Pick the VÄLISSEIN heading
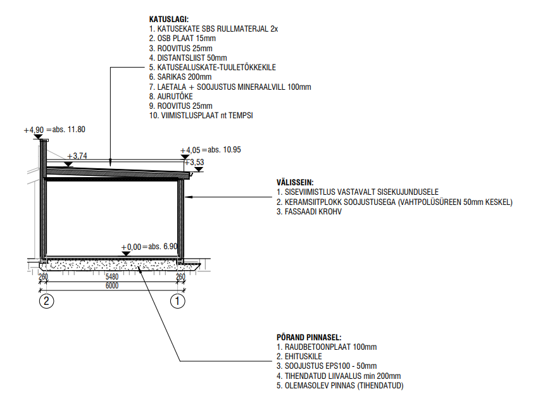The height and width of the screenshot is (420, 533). (x=295, y=182)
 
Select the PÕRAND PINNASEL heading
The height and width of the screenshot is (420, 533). (x=309, y=338)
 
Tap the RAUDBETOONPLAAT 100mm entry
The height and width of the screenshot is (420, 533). (x=327, y=347)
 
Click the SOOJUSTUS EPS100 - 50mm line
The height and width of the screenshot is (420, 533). (x=326, y=366)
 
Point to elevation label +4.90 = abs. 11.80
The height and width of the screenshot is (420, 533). (x=54, y=130)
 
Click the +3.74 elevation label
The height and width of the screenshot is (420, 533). (x=77, y=156)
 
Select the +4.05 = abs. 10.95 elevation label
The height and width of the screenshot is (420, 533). (x=211, y=150)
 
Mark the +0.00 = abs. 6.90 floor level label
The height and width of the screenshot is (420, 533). (x=150, y=246)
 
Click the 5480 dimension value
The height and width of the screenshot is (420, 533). (x=112, y=276)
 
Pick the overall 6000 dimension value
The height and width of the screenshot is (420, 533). (x=112, y=286)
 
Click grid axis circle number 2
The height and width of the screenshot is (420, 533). (x=46, y=301)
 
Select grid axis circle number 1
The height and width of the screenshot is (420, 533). (x=179, y=301)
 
